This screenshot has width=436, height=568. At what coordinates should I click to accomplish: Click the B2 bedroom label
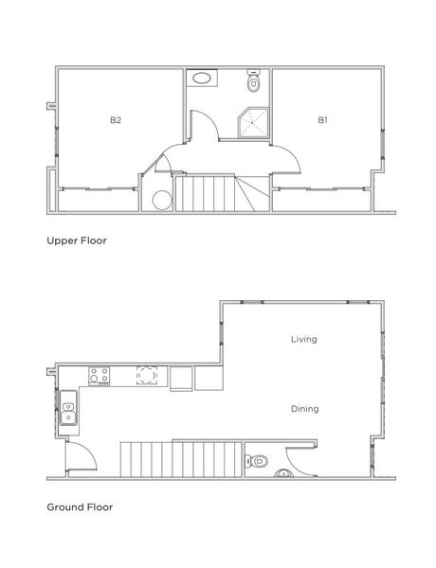click(x=115, y=120)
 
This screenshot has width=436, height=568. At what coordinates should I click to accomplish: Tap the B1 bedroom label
click(x=322, y=120)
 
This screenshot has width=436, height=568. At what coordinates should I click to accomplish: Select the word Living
click(x=303, y=338)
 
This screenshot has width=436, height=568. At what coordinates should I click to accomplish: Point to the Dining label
click(x=304, y=409)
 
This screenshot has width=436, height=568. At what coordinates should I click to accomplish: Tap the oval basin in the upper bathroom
click(x=200, y=79)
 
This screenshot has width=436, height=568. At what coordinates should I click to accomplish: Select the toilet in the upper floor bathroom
click(x=252, y=83)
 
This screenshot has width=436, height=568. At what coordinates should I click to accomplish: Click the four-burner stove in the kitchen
click(x=100, y=377)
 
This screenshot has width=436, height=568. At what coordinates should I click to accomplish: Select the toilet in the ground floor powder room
click(x=253, y=462)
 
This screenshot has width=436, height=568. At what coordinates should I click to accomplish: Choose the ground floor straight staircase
click(x=180, y=458)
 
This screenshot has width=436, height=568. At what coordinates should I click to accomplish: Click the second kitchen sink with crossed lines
click(x=146, y=376)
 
